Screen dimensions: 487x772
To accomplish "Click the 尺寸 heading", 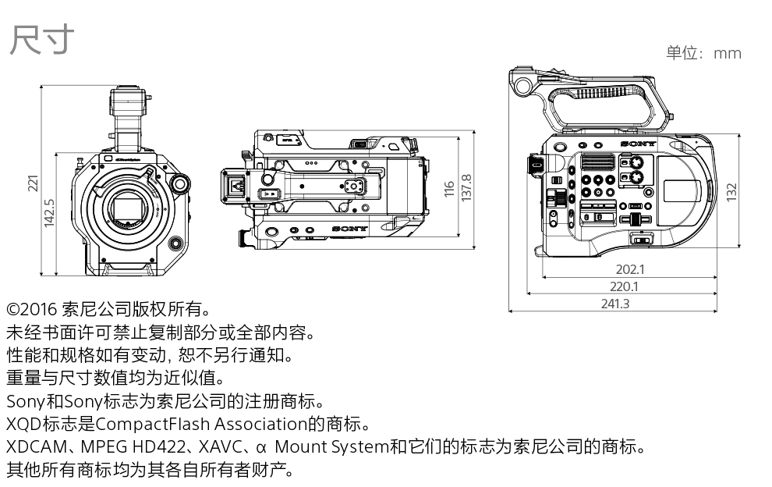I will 41,40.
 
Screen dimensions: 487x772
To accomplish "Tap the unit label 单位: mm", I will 703,53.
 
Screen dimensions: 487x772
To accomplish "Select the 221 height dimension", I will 33,183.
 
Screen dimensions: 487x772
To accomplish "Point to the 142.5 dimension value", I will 49,213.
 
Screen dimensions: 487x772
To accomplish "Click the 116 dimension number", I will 448,189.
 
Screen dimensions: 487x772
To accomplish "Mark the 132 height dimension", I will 731,192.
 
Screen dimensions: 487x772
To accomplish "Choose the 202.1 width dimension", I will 629,270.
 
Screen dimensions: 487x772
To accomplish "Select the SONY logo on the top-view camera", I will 349,229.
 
